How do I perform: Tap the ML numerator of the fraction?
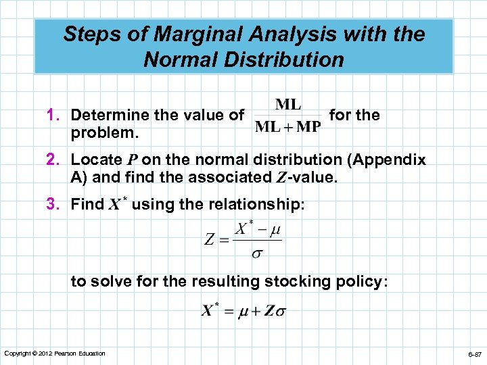pyautogui.click(x=289, y=105)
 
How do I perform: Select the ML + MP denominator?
pyautogui.click(x=288, y=128)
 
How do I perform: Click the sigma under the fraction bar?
pyautogui.click(x=257, y=255)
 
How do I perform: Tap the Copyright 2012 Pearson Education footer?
pyautogui.click(x=55, y=354)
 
